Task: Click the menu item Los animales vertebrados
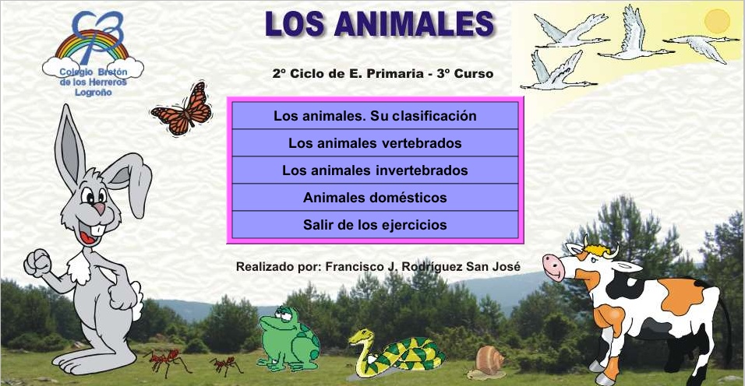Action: pos(375,142)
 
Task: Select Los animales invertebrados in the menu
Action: pos(375,170)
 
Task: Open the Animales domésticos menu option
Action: pos(375,197)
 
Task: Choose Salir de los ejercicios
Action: pos(375,225)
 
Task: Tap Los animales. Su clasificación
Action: pos(375,116)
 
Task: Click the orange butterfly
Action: pos(182,110)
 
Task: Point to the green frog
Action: pos(289,339)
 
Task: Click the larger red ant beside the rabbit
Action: pos(168,362)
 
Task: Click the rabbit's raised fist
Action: pos(37,263)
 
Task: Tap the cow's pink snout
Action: pos(553,267)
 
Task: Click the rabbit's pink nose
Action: pos(99,208)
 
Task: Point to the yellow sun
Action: pos(717,21)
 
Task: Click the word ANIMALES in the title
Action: pos(414,23)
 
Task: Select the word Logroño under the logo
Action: pos(94,93)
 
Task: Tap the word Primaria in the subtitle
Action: pos(389,73)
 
